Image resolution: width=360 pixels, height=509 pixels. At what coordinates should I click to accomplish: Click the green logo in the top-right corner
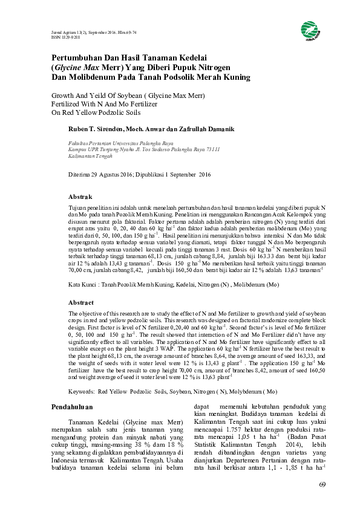click(x=309, y=29)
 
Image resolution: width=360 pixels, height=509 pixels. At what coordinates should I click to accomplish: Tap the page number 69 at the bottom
click(x=322, y=485)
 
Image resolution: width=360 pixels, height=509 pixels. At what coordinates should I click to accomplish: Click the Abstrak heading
click(x=80, y=197)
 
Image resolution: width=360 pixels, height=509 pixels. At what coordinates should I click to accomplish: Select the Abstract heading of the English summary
click(x=81, y=302)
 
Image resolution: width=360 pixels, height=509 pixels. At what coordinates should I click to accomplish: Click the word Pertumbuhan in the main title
click(x=76, y=57)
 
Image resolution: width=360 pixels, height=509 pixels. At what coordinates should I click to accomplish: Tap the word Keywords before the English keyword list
click(x=81, y=375)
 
